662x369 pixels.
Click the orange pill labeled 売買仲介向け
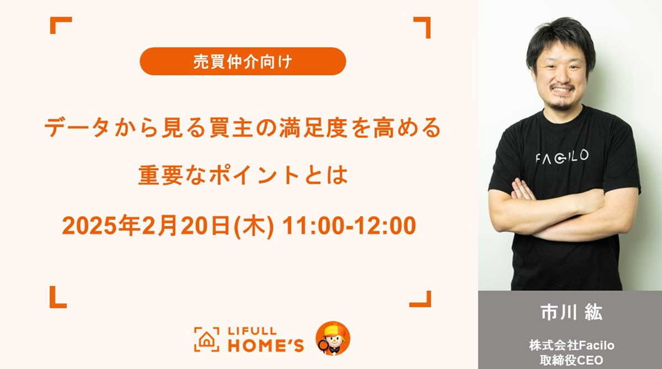243,61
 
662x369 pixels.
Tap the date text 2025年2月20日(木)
168,226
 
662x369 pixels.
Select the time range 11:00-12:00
349,226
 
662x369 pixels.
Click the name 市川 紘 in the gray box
572,312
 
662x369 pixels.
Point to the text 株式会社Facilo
572,345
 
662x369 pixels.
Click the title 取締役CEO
572,360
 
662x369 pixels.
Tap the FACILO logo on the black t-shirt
562,157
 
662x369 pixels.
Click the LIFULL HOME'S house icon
206,339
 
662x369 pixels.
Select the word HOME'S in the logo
266,345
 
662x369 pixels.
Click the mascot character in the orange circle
333,338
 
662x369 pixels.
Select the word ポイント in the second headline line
254,176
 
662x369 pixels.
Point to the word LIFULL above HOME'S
252,331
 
